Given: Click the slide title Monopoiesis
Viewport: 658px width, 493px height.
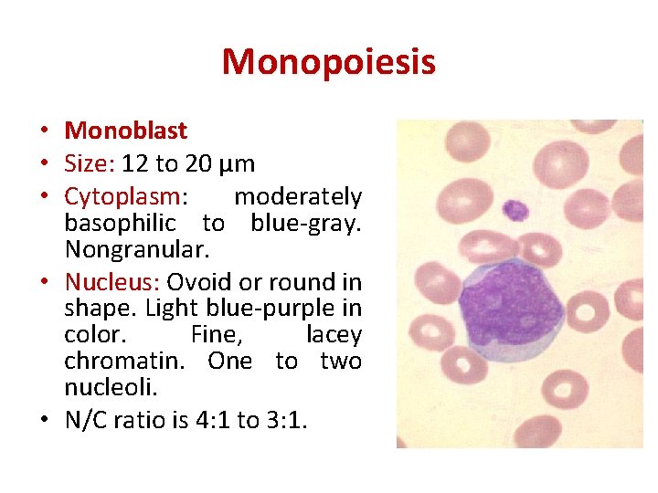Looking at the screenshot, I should point(328,62).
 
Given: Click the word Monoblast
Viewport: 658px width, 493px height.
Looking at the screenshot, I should point(125,131).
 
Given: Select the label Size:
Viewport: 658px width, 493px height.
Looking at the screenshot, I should point(88,163).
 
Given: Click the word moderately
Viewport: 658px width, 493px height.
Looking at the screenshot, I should point(298,196).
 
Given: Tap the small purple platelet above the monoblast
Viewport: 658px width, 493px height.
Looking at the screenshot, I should point(517,211).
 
